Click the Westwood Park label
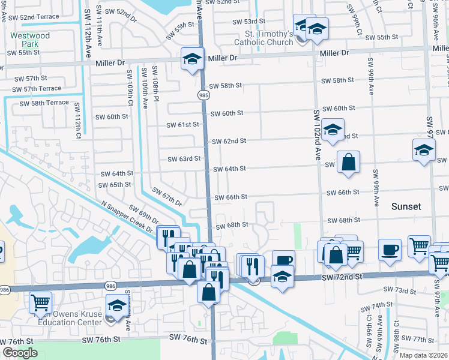point(30,40)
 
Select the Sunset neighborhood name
point(406,206)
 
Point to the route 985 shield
point(204,94)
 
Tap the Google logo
point(20,353)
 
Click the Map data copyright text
point(424,355)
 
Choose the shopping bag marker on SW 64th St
point(348,162)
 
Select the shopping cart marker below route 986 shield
point(40,302)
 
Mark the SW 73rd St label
point(393,290)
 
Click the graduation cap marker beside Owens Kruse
point(116,305)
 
